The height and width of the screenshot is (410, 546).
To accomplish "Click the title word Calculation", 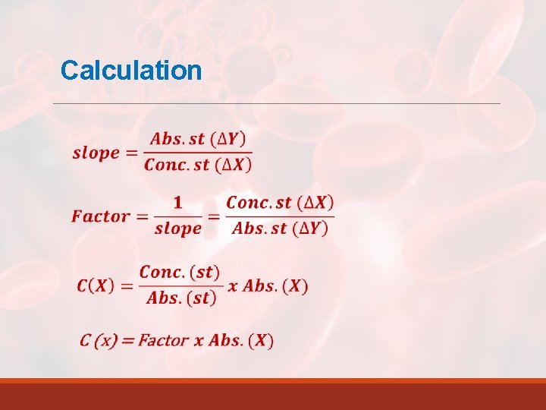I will coord(131,71).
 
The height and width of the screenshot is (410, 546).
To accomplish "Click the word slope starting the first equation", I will coord(96,153).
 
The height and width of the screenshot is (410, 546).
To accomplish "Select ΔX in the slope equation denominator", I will coord(234,165).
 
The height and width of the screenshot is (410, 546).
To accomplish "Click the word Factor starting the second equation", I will coord(101,216).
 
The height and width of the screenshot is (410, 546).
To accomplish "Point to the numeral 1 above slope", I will coord(177,202).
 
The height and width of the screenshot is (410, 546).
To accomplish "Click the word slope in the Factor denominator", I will coord(177,229).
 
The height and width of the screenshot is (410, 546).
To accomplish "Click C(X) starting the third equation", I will coord(96,286).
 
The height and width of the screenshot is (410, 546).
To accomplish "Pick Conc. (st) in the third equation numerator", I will coord(180,273).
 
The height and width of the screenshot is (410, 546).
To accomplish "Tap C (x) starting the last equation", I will coord(99,340).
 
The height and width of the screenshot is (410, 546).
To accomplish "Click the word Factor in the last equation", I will coord(163,340).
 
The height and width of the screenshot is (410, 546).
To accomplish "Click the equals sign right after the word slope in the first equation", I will coord(131,153).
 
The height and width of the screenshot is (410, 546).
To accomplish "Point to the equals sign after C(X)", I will coord(126,286).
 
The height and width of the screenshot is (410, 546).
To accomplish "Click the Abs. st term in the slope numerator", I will coord(177,139).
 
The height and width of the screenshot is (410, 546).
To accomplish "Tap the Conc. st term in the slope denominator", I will coord(177,165).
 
